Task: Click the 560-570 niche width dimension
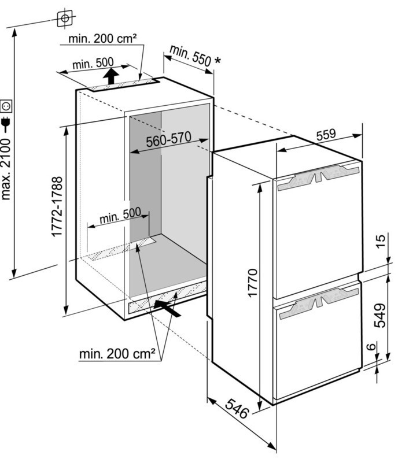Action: click(x=169, y=139)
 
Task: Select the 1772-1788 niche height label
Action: click(x=57, y=206)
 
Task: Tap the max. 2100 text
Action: click(x=6, y=169)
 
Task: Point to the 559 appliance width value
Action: click(x=326, y=134)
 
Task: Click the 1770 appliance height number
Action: click(x=252, y=283)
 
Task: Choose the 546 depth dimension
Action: click(x=237, y=409)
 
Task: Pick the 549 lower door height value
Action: click(x=380, y=315)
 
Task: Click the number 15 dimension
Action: click(x=381, y=241)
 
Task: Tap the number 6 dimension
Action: click(x=371, y=346)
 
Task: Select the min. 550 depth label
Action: click(x=190, y=55)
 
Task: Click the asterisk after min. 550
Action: click(x=218, y=60)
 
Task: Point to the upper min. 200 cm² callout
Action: click(x=102, y=39)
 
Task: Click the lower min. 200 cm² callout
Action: click(x=117, y=354)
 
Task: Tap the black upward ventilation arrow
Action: click(x=110, y=76)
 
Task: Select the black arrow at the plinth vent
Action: click(x=167, y=308)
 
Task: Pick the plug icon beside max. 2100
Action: click(x=6, y=124)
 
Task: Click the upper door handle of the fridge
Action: click(x=318, y=177)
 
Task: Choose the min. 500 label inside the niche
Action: click(x=120, y=216)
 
